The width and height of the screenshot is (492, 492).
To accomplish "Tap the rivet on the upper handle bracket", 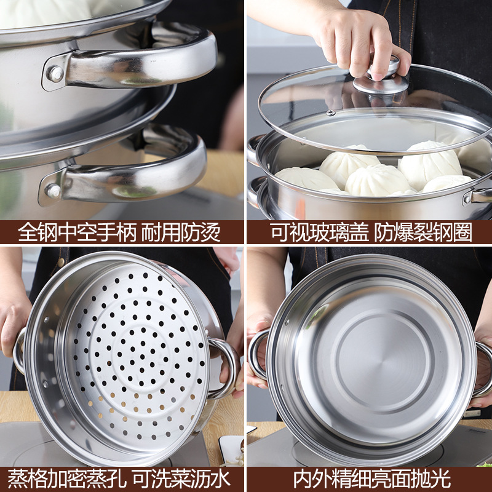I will click(x=56, y=74).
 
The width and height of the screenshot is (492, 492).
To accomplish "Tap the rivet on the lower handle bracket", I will click(x=54, y=191).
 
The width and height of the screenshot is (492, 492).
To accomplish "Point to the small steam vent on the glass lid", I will click(x=330, y=113).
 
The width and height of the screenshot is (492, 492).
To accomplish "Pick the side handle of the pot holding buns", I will click(x=480, y=196).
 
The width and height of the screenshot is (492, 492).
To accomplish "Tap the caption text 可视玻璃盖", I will click(x=319, y=232).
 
